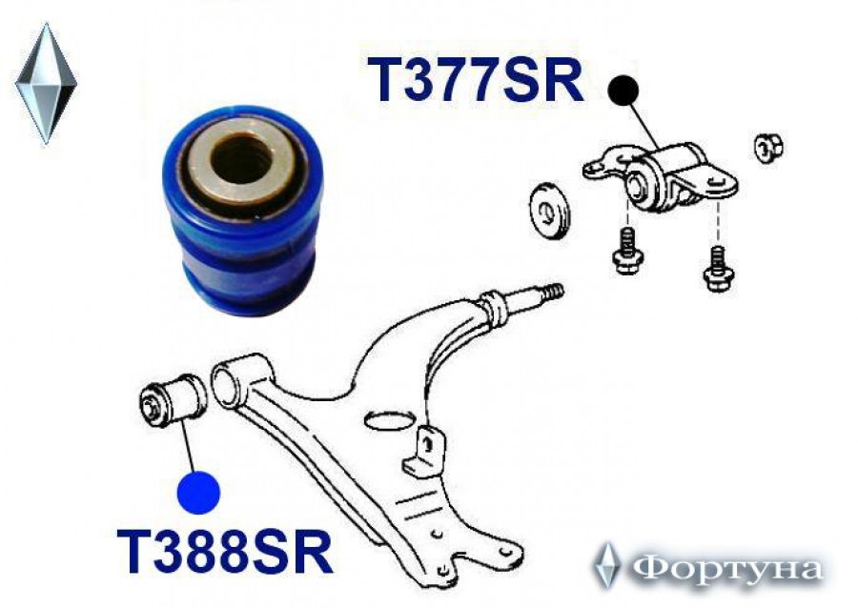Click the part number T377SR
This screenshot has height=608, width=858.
tap(475, 80)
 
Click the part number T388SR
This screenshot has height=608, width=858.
tap(225, 550)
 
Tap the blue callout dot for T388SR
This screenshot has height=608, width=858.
tap(198, 492)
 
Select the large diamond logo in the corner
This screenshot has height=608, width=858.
tap(46, 84)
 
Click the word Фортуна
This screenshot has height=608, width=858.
tap(727, 569)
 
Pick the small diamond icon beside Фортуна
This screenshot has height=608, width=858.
tap(607, 566)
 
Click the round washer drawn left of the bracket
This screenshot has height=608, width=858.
tap(549, 211)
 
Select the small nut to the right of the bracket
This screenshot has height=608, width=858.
tap(768, 147)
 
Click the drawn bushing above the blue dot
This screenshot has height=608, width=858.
tap(172, 398)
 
